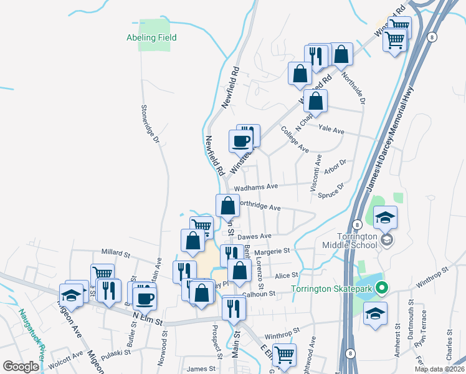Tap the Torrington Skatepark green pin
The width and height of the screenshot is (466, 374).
coord(383,289)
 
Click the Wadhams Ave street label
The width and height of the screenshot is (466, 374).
coord(255,187)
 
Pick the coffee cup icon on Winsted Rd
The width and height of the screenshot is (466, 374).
coord(240,140)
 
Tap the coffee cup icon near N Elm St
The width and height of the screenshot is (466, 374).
coord(145,297)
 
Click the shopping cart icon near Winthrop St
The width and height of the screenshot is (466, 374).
coord(284,355)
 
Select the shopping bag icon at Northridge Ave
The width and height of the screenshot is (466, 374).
coord(228,205)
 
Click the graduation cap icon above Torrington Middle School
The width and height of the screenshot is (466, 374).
coord(385,216)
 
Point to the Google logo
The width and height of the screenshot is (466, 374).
coord(21,366)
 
